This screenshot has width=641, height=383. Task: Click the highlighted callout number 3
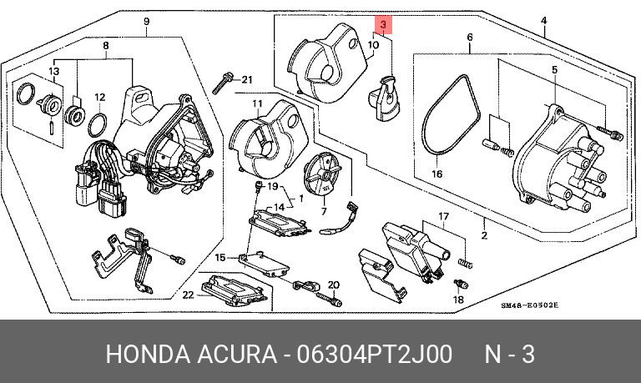point(383,25)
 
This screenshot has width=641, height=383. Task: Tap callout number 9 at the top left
point(146,21)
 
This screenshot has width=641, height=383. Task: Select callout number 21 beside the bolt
point(246,79)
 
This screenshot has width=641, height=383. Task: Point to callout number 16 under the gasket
point(437,174)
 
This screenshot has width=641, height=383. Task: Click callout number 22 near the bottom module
point(189,294)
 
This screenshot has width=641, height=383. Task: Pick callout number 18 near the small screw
point(457,299)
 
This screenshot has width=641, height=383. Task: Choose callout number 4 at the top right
point(543,21)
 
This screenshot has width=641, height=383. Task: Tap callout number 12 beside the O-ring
point(98,96)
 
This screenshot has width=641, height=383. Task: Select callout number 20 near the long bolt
point(334,285)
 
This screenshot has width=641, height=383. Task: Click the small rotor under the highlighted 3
point(386,93)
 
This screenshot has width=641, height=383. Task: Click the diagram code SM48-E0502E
point(529,306)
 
